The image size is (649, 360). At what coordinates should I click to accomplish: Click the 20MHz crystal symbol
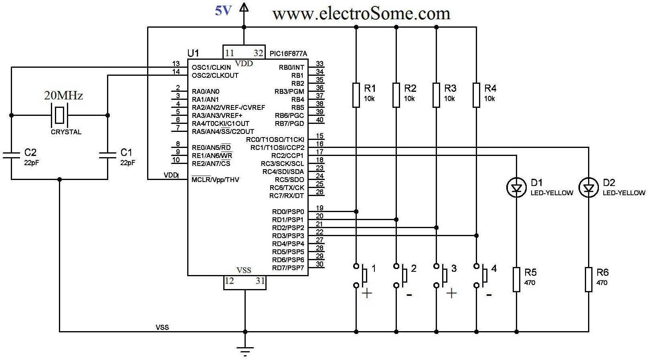click(59, 115)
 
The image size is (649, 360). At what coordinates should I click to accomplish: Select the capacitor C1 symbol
click(107, 155)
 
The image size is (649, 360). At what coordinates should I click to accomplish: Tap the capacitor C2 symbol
click(11, 155)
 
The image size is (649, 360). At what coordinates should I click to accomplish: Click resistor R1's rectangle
click(356, 95)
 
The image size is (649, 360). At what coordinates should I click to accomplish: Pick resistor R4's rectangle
click(476, 95)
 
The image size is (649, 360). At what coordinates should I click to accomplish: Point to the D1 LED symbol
click(516, 188)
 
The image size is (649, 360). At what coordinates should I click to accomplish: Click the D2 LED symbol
click(588, 188)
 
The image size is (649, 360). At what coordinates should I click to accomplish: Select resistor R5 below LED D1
click(516, 279)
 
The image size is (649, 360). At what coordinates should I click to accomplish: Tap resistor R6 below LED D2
click(588, 279)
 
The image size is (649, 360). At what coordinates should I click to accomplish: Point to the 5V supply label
click(223, 11)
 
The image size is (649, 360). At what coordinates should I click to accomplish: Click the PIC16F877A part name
click(289, 54)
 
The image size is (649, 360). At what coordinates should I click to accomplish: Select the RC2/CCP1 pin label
click(287, 156)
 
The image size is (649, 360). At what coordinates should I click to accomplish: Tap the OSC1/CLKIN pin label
click(211, 67)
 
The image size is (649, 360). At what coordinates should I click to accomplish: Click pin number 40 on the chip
click(319, 119)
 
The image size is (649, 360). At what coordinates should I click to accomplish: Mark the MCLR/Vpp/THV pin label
click(215, 180)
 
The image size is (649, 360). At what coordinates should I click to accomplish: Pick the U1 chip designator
click(193, 53)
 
